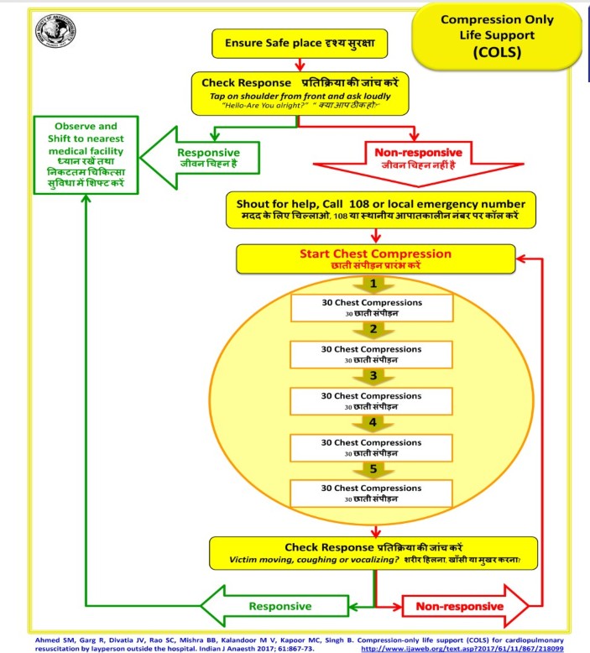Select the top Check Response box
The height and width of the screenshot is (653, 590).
[300, 95]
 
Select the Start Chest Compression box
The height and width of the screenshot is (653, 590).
[375, 258]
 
